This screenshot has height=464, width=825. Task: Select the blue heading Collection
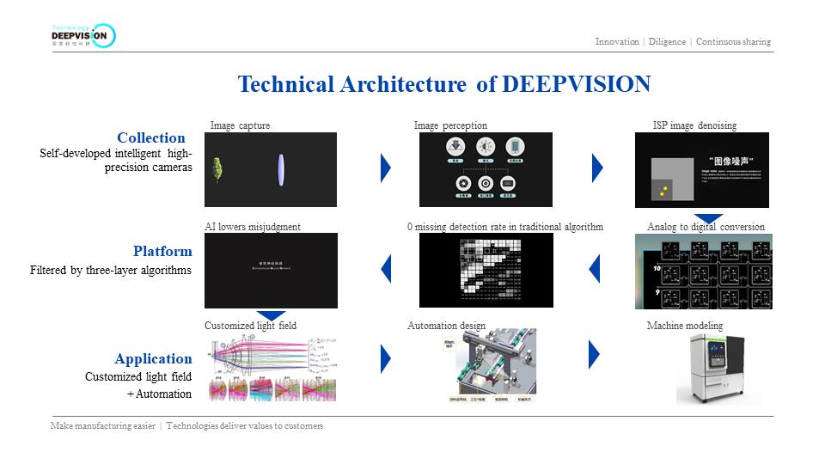point(151,137)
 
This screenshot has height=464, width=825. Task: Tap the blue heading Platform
point(162,251)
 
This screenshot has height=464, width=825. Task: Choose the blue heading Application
point(153,358)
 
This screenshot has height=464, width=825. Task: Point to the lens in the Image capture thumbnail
point(282,168)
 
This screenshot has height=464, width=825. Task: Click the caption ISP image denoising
point(694,125)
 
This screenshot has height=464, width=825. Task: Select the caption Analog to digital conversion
point(706,227)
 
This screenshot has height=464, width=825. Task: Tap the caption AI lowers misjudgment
point(252,227)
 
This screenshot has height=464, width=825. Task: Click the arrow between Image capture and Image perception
point(386,168)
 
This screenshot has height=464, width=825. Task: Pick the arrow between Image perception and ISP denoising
point(597,168)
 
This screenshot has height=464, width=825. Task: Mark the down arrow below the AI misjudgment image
point(271,315)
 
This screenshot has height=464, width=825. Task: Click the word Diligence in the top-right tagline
point(667,41)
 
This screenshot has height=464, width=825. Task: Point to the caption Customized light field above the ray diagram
point(245,326)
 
